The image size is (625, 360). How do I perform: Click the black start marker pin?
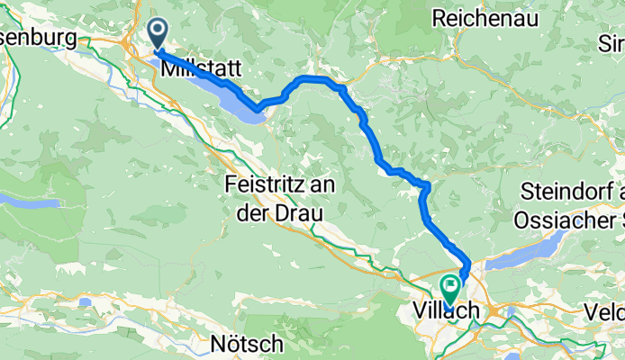158,34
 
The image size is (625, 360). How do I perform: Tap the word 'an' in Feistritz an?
305,184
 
